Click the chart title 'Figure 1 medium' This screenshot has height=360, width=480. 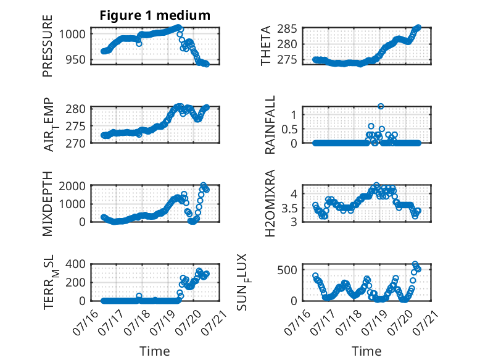[x=155, y=15]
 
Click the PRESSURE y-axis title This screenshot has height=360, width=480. [x=48, y=46]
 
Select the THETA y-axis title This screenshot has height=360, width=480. [x=266, y=46]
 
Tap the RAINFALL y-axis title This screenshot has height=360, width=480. [x=270, y=124]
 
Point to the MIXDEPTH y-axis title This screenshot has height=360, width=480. [x=48, y=204]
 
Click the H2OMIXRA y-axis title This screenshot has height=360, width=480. [x=270, y=203]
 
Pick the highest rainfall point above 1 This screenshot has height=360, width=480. [x=381, y=106]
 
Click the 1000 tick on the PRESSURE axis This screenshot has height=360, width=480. [x=72, y=34]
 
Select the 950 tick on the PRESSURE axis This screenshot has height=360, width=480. [x=76, y=59]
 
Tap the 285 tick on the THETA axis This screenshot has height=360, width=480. [x=287, y=29]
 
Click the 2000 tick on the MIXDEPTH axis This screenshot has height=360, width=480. [x=72, y=186]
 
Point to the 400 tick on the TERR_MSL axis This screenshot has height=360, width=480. [x=76, y=264]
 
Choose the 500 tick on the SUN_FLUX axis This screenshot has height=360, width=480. [x=287, y=270]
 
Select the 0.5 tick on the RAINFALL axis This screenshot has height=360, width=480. [x=289, y=130]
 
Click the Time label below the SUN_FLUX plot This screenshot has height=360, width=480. [x=366, y=351]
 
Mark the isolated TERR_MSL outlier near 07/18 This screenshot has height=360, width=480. [x=139, y=296]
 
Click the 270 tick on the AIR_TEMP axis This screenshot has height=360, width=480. [x=76, y=143]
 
